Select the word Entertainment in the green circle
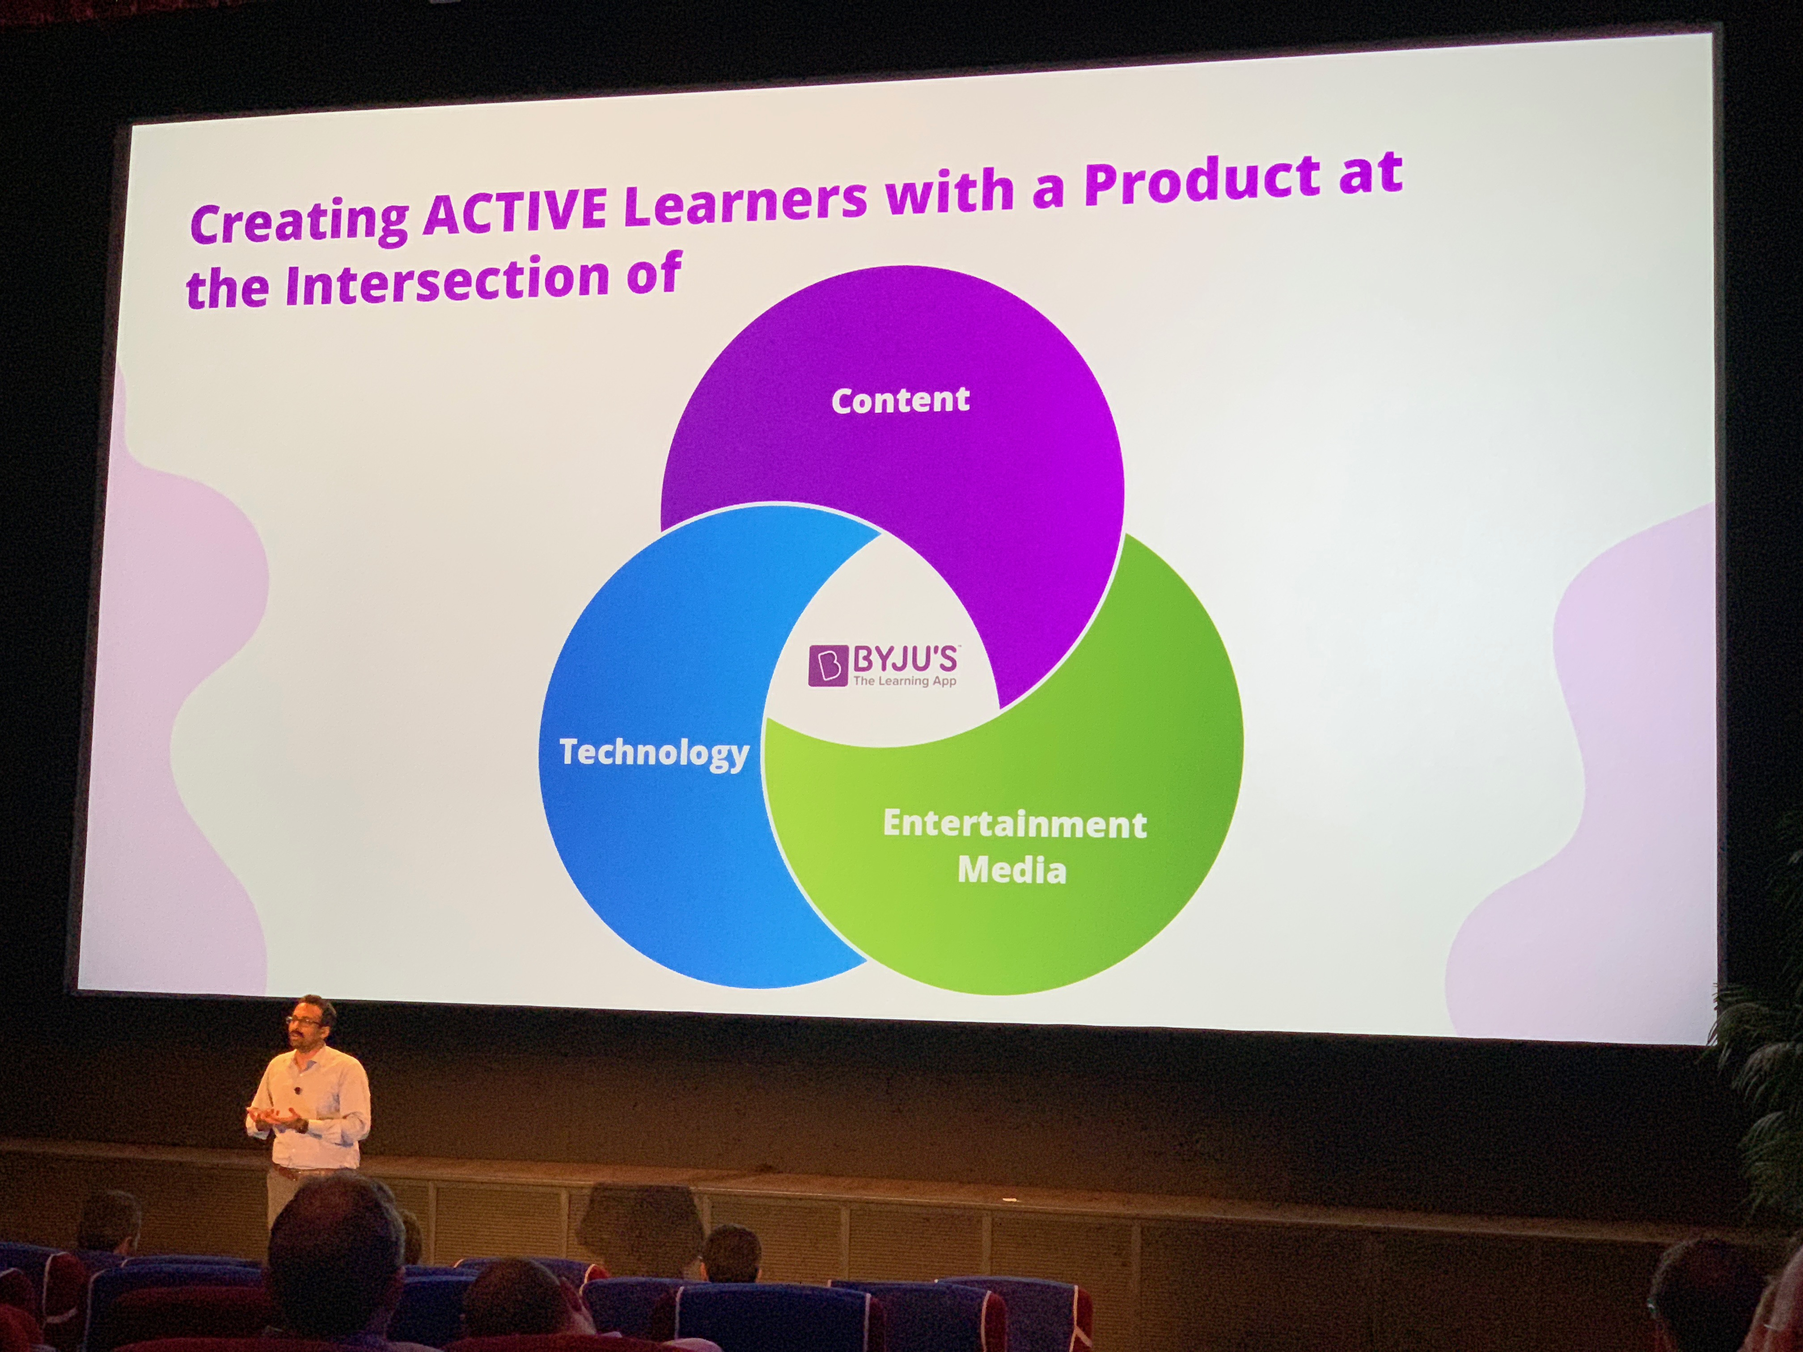coord(1015,824)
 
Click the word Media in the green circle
coord(1012,870)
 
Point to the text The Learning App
coord(904,681)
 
